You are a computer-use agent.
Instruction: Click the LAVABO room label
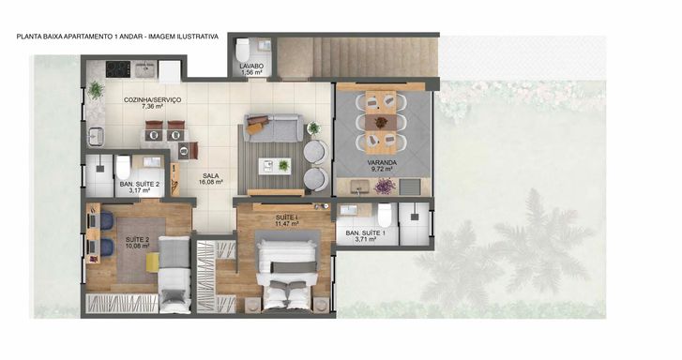click(251, 66)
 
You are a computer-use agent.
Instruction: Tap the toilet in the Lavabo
click(242, 51)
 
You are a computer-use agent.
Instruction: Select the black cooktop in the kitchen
click(118, 69)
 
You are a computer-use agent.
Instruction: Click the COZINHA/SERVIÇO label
click(152, 100)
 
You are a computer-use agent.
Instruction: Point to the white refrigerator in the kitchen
click(170, 71)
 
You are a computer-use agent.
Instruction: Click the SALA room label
click(211, 176)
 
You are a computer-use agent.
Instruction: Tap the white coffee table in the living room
click(275, 166)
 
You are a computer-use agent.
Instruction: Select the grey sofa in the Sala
click(273, 127)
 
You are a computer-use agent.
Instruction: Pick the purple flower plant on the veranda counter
click(385, 186)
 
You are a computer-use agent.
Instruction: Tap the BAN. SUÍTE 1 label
click(365, 233)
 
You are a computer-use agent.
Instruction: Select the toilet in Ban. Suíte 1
click(385, 215)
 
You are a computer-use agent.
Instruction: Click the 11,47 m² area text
click(287, 224)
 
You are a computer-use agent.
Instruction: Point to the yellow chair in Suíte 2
click(153, 262)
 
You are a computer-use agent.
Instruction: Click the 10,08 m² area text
click(138, 246)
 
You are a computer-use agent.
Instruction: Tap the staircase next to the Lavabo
click(357, 57)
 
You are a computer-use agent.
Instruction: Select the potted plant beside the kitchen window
click(96, 90)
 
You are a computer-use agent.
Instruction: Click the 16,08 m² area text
click(211, 182)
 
